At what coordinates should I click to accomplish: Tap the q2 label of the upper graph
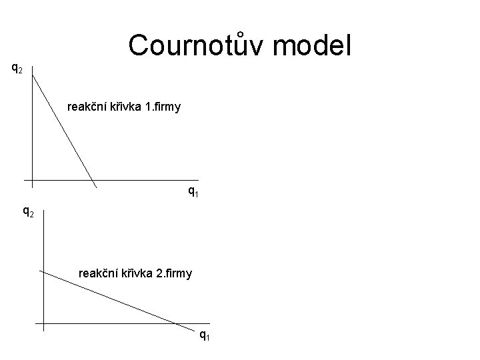pos(18,67)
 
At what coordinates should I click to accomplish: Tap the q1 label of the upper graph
pos(193,193)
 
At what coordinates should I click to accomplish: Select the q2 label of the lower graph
pos(29,213)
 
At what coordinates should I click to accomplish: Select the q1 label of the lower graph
pos(205,335)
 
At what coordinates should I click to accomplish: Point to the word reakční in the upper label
pos(88,106)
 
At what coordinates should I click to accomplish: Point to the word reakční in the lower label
pos(99,273)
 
